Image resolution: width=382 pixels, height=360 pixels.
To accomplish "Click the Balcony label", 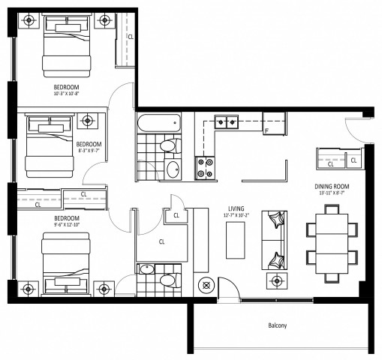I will [x=277, y=325].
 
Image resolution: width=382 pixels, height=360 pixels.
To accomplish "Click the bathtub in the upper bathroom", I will [x=158, y=123].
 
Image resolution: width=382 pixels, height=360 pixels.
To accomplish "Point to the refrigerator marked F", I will [x=274, y=129].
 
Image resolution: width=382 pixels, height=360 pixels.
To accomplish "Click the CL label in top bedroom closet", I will [x=131, y=36].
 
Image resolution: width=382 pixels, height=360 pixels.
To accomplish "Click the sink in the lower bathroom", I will [x=146, y=268].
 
